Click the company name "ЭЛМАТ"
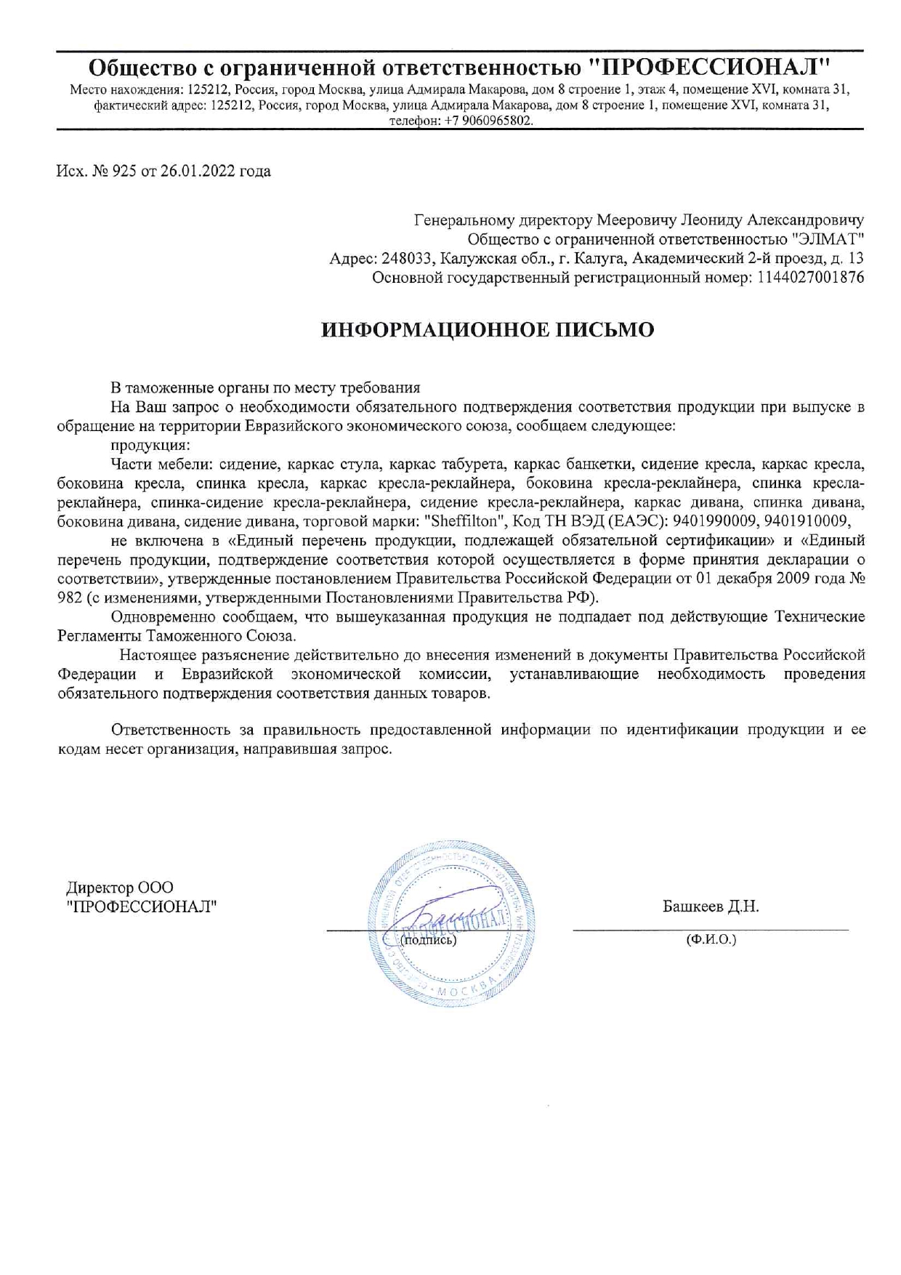[826, 239]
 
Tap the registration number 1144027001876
[810, 277]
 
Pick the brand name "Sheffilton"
[464, 521]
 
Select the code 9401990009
[716, 521]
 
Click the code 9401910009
[807, 521]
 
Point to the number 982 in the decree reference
[69, 598]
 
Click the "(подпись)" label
[429, 940]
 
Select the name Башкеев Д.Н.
[710, 906]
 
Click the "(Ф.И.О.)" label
[711, 940]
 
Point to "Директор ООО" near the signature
[120, 888]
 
